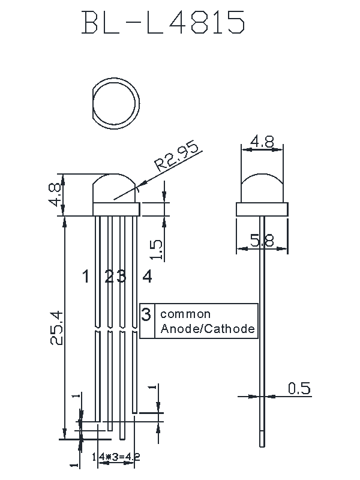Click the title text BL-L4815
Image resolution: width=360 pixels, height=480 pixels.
tap(164, 24)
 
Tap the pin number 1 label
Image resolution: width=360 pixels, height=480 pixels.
tap(86, 277)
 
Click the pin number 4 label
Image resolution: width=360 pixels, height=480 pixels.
tap(147, 277)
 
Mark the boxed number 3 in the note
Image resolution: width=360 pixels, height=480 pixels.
tap(146, 314)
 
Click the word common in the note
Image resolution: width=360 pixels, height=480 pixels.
tap(185, 314)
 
